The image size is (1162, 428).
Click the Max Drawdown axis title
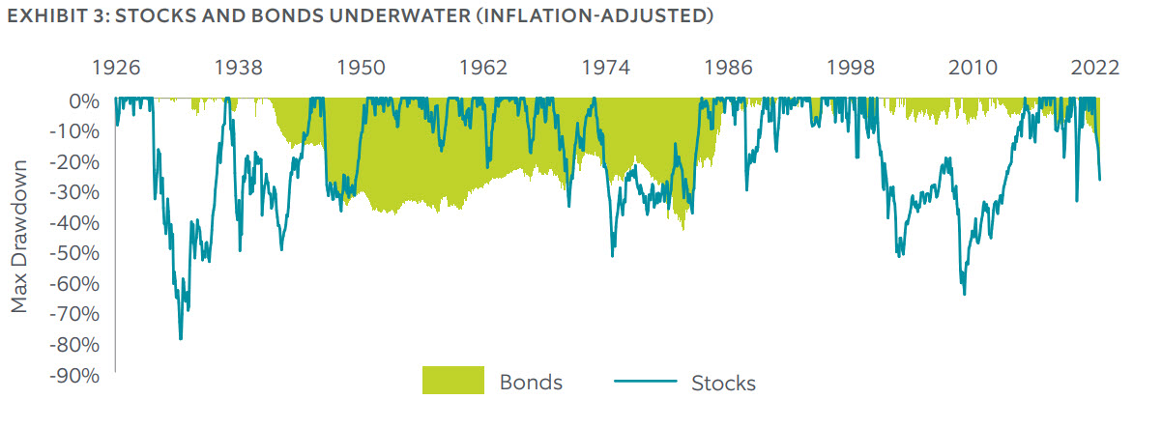point(21,238)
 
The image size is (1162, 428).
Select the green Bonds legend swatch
point(452,381)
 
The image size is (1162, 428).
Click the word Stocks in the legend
point(723,383)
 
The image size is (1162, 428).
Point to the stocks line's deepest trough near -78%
point(181,339)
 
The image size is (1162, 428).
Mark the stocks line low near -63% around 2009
point(964,294)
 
